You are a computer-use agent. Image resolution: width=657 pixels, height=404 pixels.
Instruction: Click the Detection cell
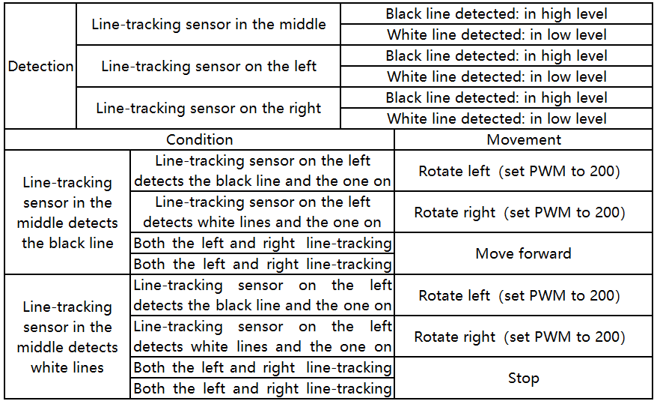[40, 66]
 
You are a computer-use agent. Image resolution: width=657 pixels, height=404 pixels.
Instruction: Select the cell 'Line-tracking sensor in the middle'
[208, 24]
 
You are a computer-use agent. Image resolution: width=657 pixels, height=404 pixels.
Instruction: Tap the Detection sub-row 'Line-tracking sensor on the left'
[208, 66]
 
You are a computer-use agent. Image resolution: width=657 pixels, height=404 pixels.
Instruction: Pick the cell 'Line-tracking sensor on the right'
[208, 108]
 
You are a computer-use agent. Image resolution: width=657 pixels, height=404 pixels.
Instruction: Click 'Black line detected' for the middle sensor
[496, 13]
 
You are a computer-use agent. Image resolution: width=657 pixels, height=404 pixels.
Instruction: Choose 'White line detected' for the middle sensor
[496, 34]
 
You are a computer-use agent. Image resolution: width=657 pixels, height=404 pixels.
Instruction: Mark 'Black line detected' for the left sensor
[496, 55]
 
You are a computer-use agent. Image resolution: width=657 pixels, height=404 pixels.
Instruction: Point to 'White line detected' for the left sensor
[496, 76]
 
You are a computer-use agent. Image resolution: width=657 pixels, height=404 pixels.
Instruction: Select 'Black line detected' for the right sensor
[496, 97]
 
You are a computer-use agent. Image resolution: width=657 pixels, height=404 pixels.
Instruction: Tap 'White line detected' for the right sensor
[496, 118]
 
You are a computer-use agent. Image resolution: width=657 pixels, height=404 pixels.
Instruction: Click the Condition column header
[200, 139]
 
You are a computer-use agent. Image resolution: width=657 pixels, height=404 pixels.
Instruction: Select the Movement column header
[523, 139]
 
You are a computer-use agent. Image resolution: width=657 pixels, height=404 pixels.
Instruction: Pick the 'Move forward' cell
[523, 253]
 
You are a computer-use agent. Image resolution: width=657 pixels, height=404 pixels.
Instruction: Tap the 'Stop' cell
[523, 378]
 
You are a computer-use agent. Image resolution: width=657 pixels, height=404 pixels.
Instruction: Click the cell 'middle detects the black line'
[67, 212]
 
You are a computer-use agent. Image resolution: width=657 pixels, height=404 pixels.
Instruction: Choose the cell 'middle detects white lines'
[67, 337]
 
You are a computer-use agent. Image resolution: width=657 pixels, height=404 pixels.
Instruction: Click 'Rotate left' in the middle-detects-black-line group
[519, 171]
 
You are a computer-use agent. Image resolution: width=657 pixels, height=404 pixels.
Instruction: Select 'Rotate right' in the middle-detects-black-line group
[519, 212]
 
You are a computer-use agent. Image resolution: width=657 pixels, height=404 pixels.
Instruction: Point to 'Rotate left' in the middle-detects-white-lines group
[519, 295]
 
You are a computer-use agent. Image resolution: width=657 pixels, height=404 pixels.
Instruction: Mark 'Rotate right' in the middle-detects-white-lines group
[519, 337]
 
